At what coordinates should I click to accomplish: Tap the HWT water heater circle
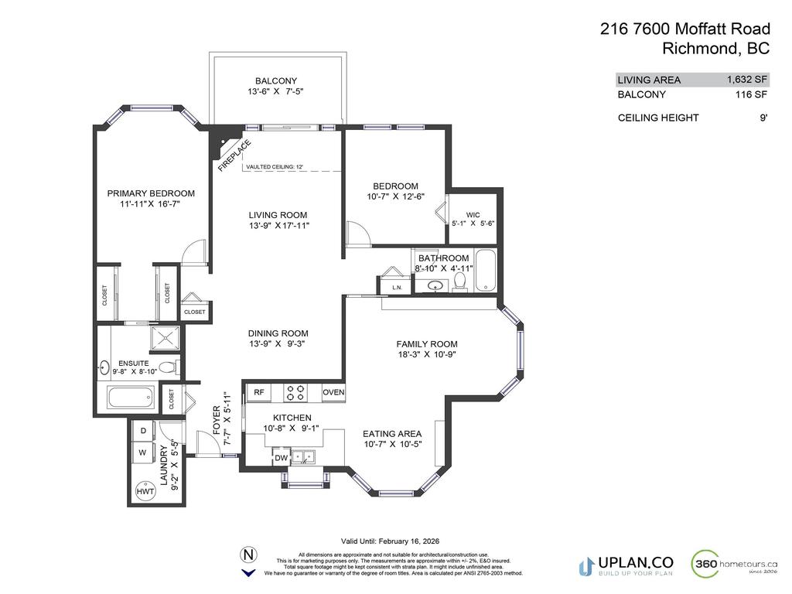145,490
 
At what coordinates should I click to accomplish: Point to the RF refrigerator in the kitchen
259,392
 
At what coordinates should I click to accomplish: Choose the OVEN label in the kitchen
333,392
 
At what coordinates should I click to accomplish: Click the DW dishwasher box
280,459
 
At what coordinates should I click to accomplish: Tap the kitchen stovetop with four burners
295,392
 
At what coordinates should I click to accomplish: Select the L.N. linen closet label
397,288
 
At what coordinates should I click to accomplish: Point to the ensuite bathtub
132,399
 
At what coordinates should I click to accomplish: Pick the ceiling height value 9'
763,118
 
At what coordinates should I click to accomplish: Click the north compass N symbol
248,555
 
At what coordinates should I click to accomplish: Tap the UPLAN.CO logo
626,565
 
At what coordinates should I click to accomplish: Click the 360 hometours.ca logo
734,563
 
